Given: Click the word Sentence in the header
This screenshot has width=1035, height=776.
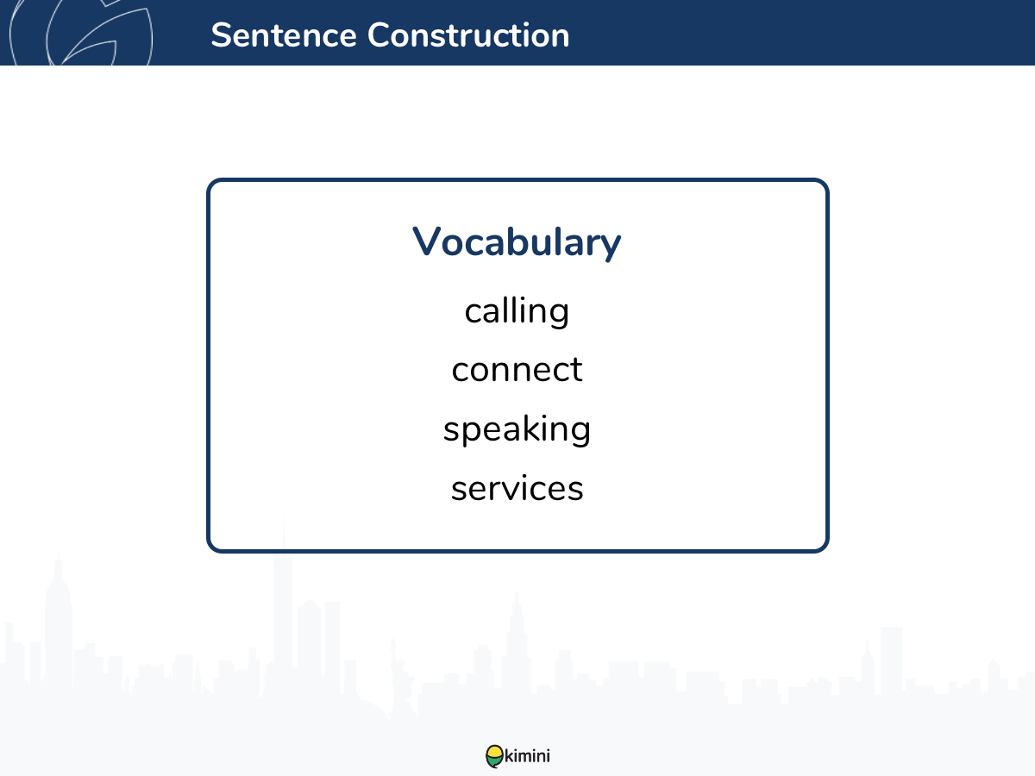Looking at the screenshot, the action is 284,35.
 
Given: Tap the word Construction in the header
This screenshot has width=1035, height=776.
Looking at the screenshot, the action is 468,35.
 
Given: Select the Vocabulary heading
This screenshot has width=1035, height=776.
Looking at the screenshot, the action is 517,242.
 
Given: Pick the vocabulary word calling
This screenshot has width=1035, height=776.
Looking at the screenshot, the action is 517,312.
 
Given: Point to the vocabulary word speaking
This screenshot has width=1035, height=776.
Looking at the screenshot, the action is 517,429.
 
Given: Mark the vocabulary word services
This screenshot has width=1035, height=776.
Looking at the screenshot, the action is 517,488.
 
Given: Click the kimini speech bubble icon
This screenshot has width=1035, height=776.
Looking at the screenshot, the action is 494,756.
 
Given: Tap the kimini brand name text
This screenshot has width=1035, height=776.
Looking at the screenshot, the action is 527,756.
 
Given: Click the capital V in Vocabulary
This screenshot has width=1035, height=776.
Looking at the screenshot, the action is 427,241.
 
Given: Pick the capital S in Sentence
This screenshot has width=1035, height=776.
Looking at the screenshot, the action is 220,35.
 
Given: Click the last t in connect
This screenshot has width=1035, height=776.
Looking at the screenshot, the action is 577,370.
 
